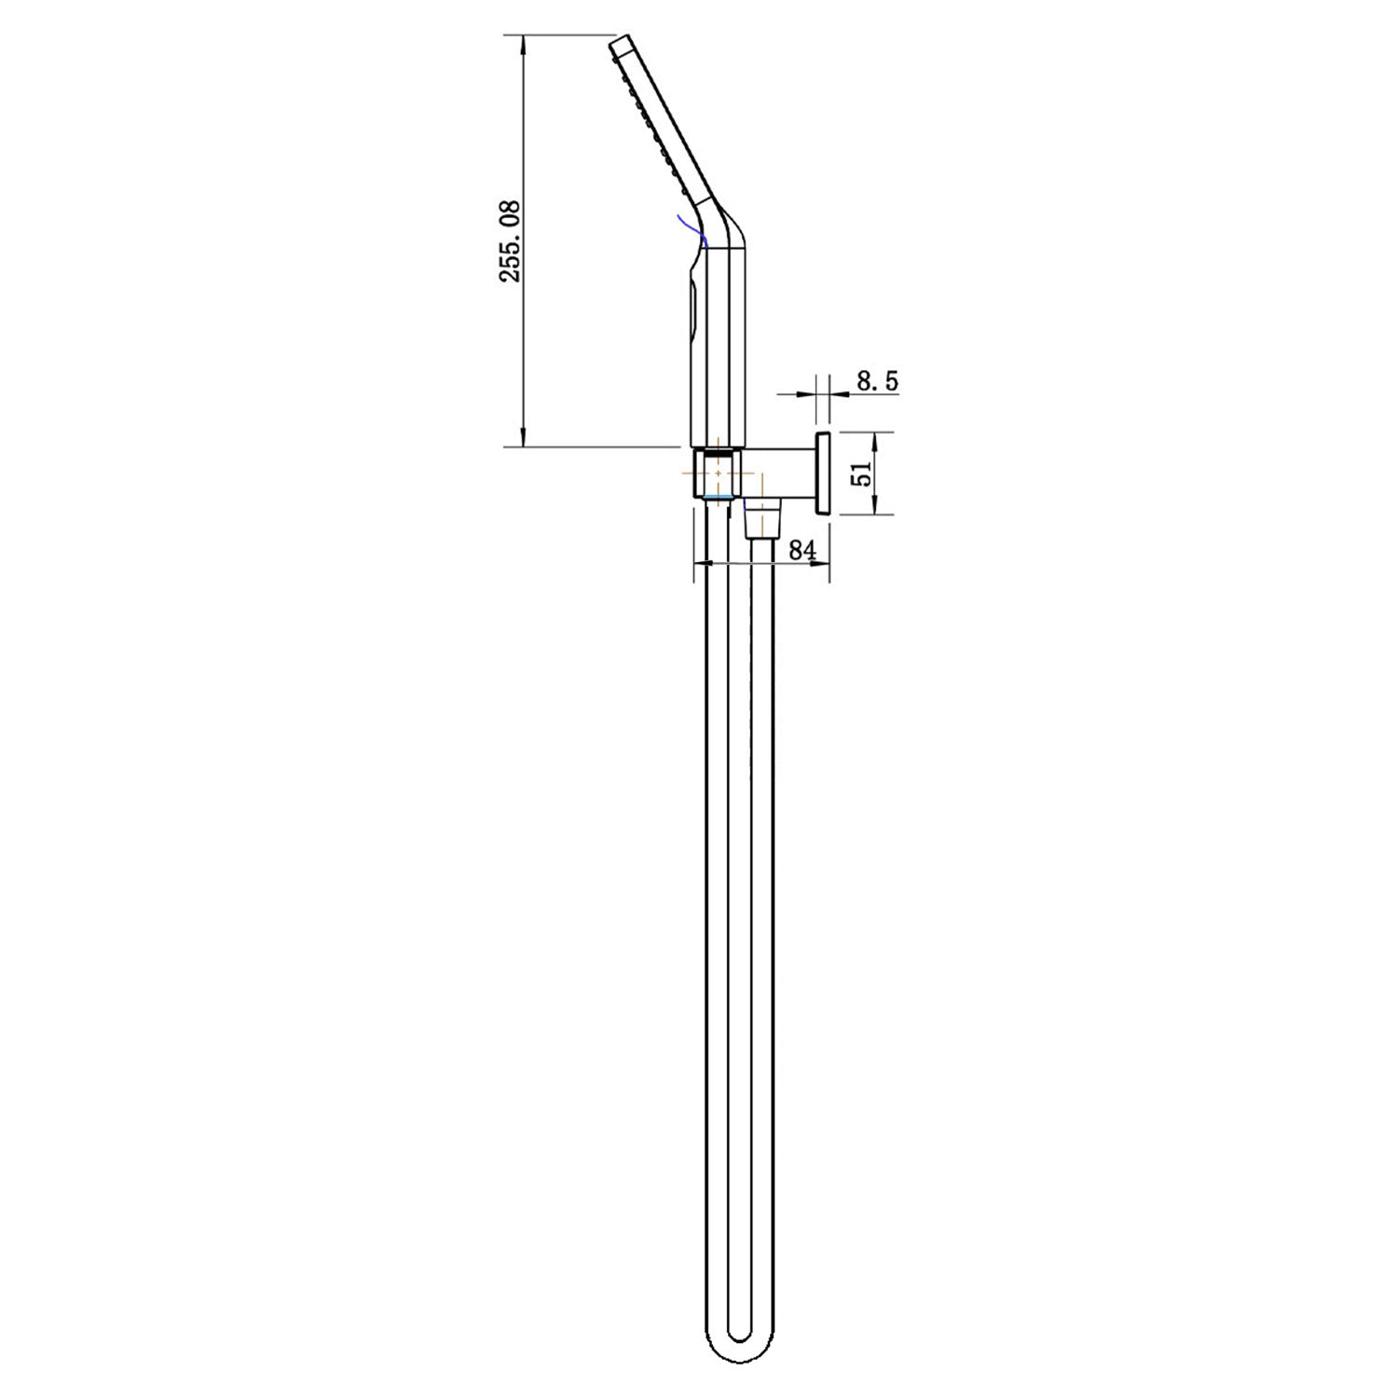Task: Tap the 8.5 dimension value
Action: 877,380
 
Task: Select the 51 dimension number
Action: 861,473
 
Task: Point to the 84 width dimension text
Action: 802,550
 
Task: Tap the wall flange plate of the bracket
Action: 823,473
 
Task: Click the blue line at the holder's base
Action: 718,500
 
